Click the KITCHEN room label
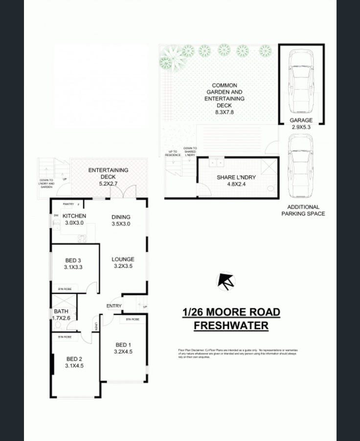click(74, 216)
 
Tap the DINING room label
click(121, 217)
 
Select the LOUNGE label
click(123, 259)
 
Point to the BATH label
click(61, 311)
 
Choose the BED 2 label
click(75, 358)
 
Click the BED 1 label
click(123, 343)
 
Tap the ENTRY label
click(114, 306)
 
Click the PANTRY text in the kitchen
click(69, 204)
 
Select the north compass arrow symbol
click(225, 281)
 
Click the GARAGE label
click(301, 120)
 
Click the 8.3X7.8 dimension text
click(225, 112)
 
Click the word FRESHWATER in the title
click(231, 326)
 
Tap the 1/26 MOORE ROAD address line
click(231, 312)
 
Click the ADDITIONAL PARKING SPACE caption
click(303, 210)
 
